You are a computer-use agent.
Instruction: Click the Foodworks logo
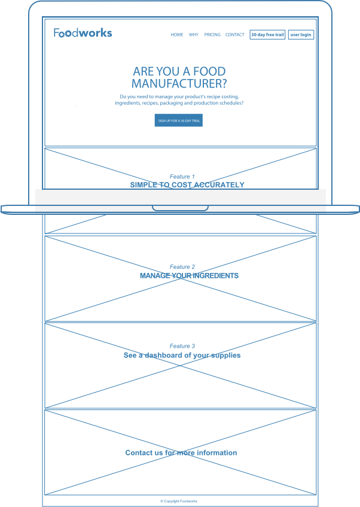83,33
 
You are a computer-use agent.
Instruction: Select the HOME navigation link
177,35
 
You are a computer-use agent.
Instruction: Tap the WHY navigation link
194,35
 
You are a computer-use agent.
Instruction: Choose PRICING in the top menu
212,35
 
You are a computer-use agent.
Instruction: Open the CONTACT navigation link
235,35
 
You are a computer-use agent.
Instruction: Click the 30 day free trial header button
267,35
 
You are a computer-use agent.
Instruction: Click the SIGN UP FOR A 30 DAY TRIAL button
178,121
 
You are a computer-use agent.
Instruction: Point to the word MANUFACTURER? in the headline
179,84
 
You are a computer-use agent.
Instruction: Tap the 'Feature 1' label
182,177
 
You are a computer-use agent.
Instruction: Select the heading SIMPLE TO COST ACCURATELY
187,185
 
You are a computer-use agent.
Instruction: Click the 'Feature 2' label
182,267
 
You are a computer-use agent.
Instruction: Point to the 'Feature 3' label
182,346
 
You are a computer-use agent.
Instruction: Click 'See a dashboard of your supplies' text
182,356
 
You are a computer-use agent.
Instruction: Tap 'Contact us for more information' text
181,453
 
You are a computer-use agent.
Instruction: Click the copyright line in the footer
179,501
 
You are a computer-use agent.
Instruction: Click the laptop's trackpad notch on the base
180,208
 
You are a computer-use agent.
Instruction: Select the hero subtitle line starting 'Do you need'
179,96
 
